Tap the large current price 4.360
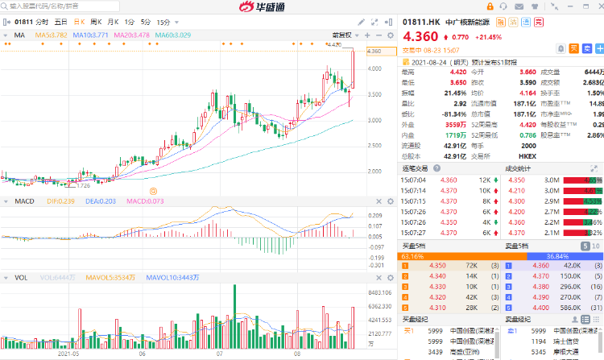422,37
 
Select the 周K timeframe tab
96,22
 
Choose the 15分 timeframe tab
163,22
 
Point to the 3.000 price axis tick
374,121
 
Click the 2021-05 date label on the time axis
68,353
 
